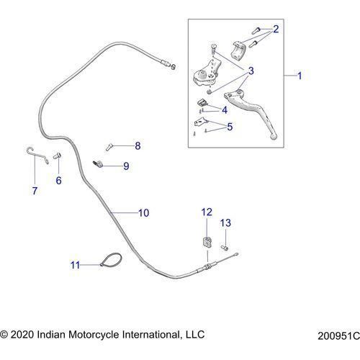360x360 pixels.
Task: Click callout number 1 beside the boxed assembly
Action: tap(300, 76)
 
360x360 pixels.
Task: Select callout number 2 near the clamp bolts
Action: tap(276, 29)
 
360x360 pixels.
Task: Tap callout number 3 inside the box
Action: tap(251, 71)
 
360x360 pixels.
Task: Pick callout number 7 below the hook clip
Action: tap(35, 191)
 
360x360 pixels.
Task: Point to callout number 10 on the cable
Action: tap(144, 213)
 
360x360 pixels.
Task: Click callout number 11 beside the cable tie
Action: tap(75, 265)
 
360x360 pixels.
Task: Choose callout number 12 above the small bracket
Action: tap(207, 212)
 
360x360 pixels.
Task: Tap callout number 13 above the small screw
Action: tap(225, 223)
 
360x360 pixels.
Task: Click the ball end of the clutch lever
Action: tap(274, 137)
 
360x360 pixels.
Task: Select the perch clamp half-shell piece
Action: tap(238, 49)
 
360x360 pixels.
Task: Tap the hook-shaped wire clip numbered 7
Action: tap(37, 155)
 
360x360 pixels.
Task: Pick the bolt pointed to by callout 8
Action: tap(109, 146)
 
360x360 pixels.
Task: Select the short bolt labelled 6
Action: tap(57, 156)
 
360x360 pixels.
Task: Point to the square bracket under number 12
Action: tap(207, 243)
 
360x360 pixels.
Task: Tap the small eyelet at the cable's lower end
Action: tap(237, 254)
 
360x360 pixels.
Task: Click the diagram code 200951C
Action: tap(338, 336)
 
